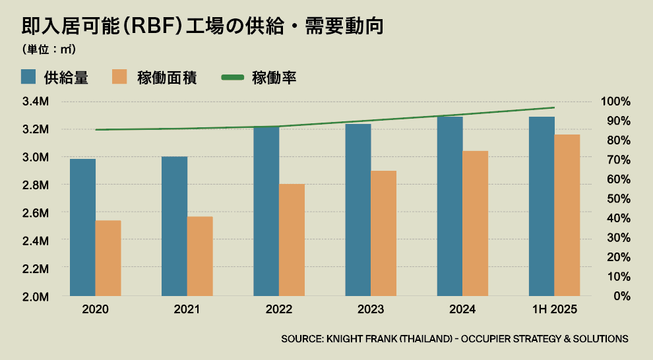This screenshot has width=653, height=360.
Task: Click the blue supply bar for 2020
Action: [82, 227]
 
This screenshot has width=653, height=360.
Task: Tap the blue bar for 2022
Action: [266, 211]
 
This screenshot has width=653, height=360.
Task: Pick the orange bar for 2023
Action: [383, 233]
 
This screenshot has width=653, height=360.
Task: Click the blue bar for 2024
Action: [450, 206]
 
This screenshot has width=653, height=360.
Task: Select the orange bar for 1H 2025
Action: [567, 215]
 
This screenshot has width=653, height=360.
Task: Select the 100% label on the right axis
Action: [615, 102]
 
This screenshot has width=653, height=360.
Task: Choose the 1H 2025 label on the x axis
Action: [554, 310]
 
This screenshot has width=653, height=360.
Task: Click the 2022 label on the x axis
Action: [279, 310]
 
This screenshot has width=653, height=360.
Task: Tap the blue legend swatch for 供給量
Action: [28, 77]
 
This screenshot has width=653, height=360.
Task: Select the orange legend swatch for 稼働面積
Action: [119, 77]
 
